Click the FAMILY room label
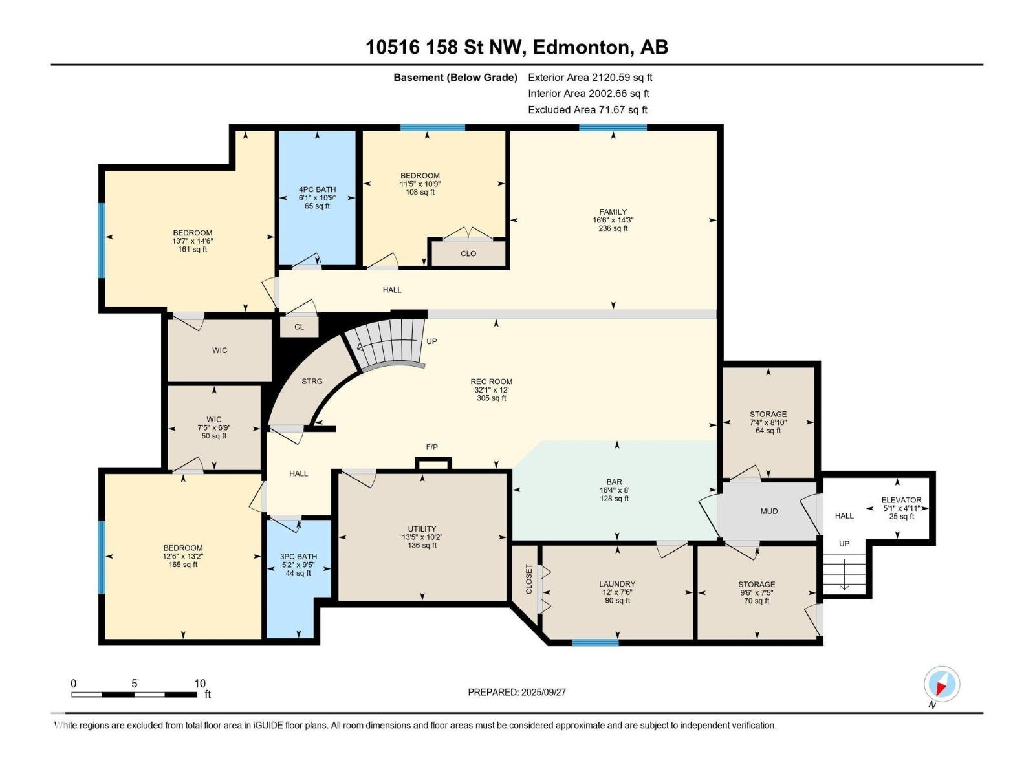(613, 212)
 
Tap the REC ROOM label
(491, 382)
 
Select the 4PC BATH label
(317, 189)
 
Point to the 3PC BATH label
(298, 556)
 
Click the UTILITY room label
(422, 528)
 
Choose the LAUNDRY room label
(616, 584)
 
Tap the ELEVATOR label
(901, 500)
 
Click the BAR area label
(614, 482)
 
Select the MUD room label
(768, 512)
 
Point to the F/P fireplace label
(431, 447)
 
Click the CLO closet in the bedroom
(468, 253)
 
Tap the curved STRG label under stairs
(312, 381)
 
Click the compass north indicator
(941, 685)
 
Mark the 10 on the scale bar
(200, 683)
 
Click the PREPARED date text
(516, 692)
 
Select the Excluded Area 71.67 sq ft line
(587, 110)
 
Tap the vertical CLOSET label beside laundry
(528, 579)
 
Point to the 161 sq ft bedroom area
(192, 249)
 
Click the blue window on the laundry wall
(595, 642)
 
